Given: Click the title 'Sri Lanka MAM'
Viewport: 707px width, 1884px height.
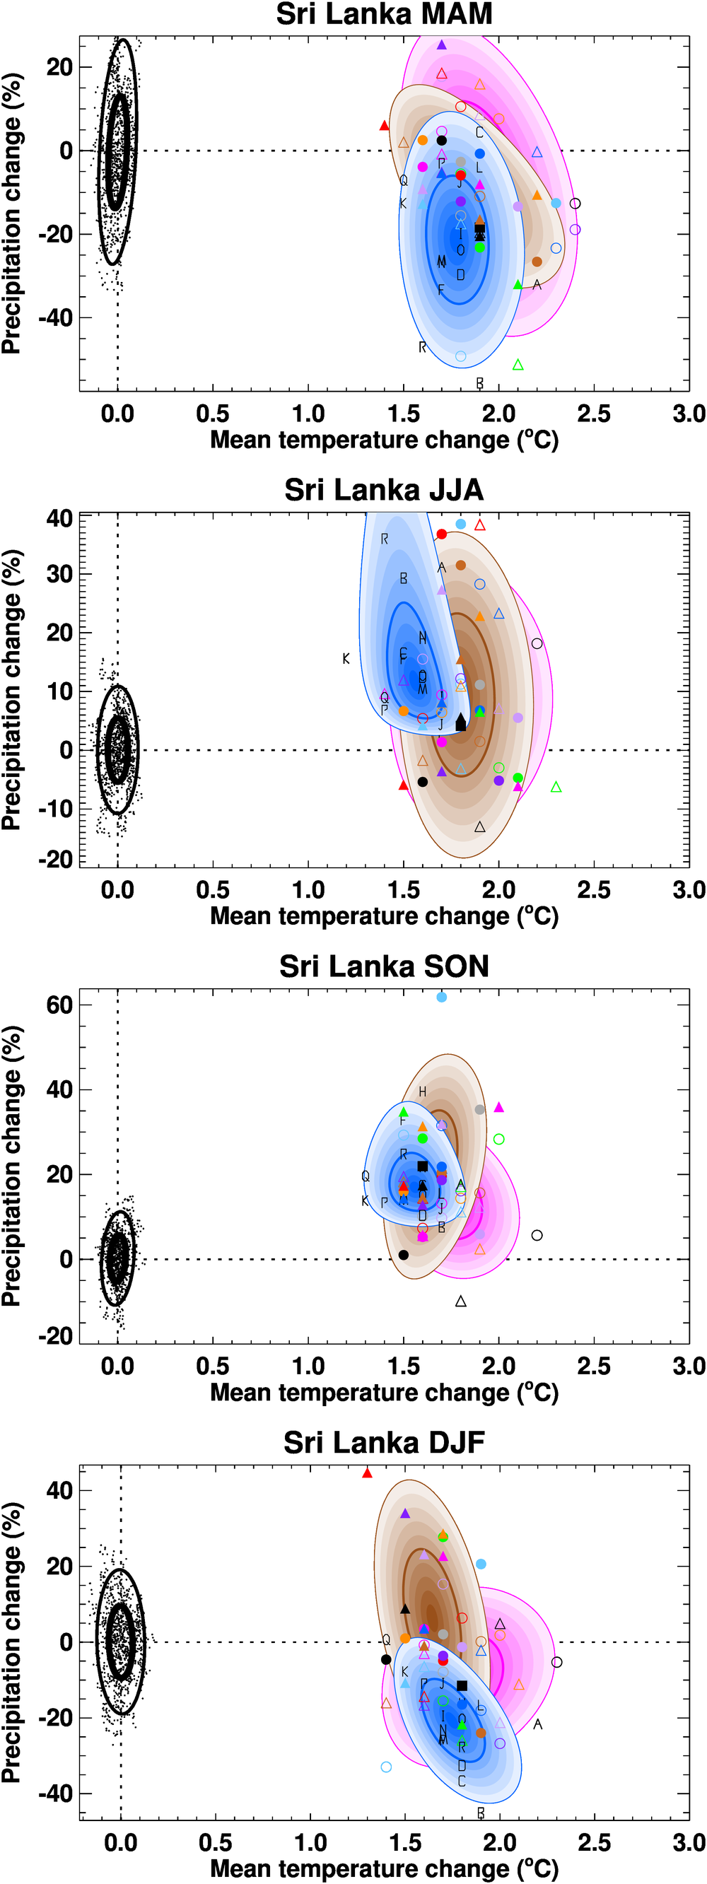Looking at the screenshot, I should [x=384, y=15].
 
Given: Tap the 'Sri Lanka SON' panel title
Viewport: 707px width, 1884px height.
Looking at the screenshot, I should [x=384, y=966].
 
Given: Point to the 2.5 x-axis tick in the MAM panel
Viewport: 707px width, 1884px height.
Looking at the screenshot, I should [x=594, y=414].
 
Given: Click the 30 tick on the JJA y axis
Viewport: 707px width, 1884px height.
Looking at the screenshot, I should [x=59, y=574].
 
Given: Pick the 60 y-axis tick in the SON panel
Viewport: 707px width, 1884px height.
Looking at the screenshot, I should [x=59, y=1005].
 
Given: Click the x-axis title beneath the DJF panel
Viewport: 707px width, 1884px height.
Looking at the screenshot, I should [x=384, y=1868].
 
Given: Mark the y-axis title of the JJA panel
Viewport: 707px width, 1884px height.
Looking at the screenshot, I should [x=12, y=690].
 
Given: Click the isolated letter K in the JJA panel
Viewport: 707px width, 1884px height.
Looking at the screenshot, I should [x=346, y=659].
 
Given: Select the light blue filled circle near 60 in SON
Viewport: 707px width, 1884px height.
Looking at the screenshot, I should [x=442, y=997].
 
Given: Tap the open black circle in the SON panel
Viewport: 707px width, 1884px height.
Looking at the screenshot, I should [x=537, y=1235].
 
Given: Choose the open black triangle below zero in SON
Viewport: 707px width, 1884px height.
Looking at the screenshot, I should [x=460, y=1301].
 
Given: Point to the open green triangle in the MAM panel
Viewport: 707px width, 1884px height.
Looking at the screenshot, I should [x=518, y=364].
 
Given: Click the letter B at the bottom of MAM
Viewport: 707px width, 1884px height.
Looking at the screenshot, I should [x=479, y=383].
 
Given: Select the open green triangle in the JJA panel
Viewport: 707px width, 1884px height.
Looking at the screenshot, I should [x=556, y=787].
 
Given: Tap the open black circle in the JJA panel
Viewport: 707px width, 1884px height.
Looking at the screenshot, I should [x=537, y=643].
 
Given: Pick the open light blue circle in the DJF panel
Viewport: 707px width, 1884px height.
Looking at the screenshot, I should [x=386, y=1767].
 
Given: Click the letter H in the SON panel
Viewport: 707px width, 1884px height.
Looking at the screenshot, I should [x=422, y=1092].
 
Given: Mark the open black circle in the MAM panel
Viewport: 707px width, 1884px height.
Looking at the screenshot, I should [x=575, y=204].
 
